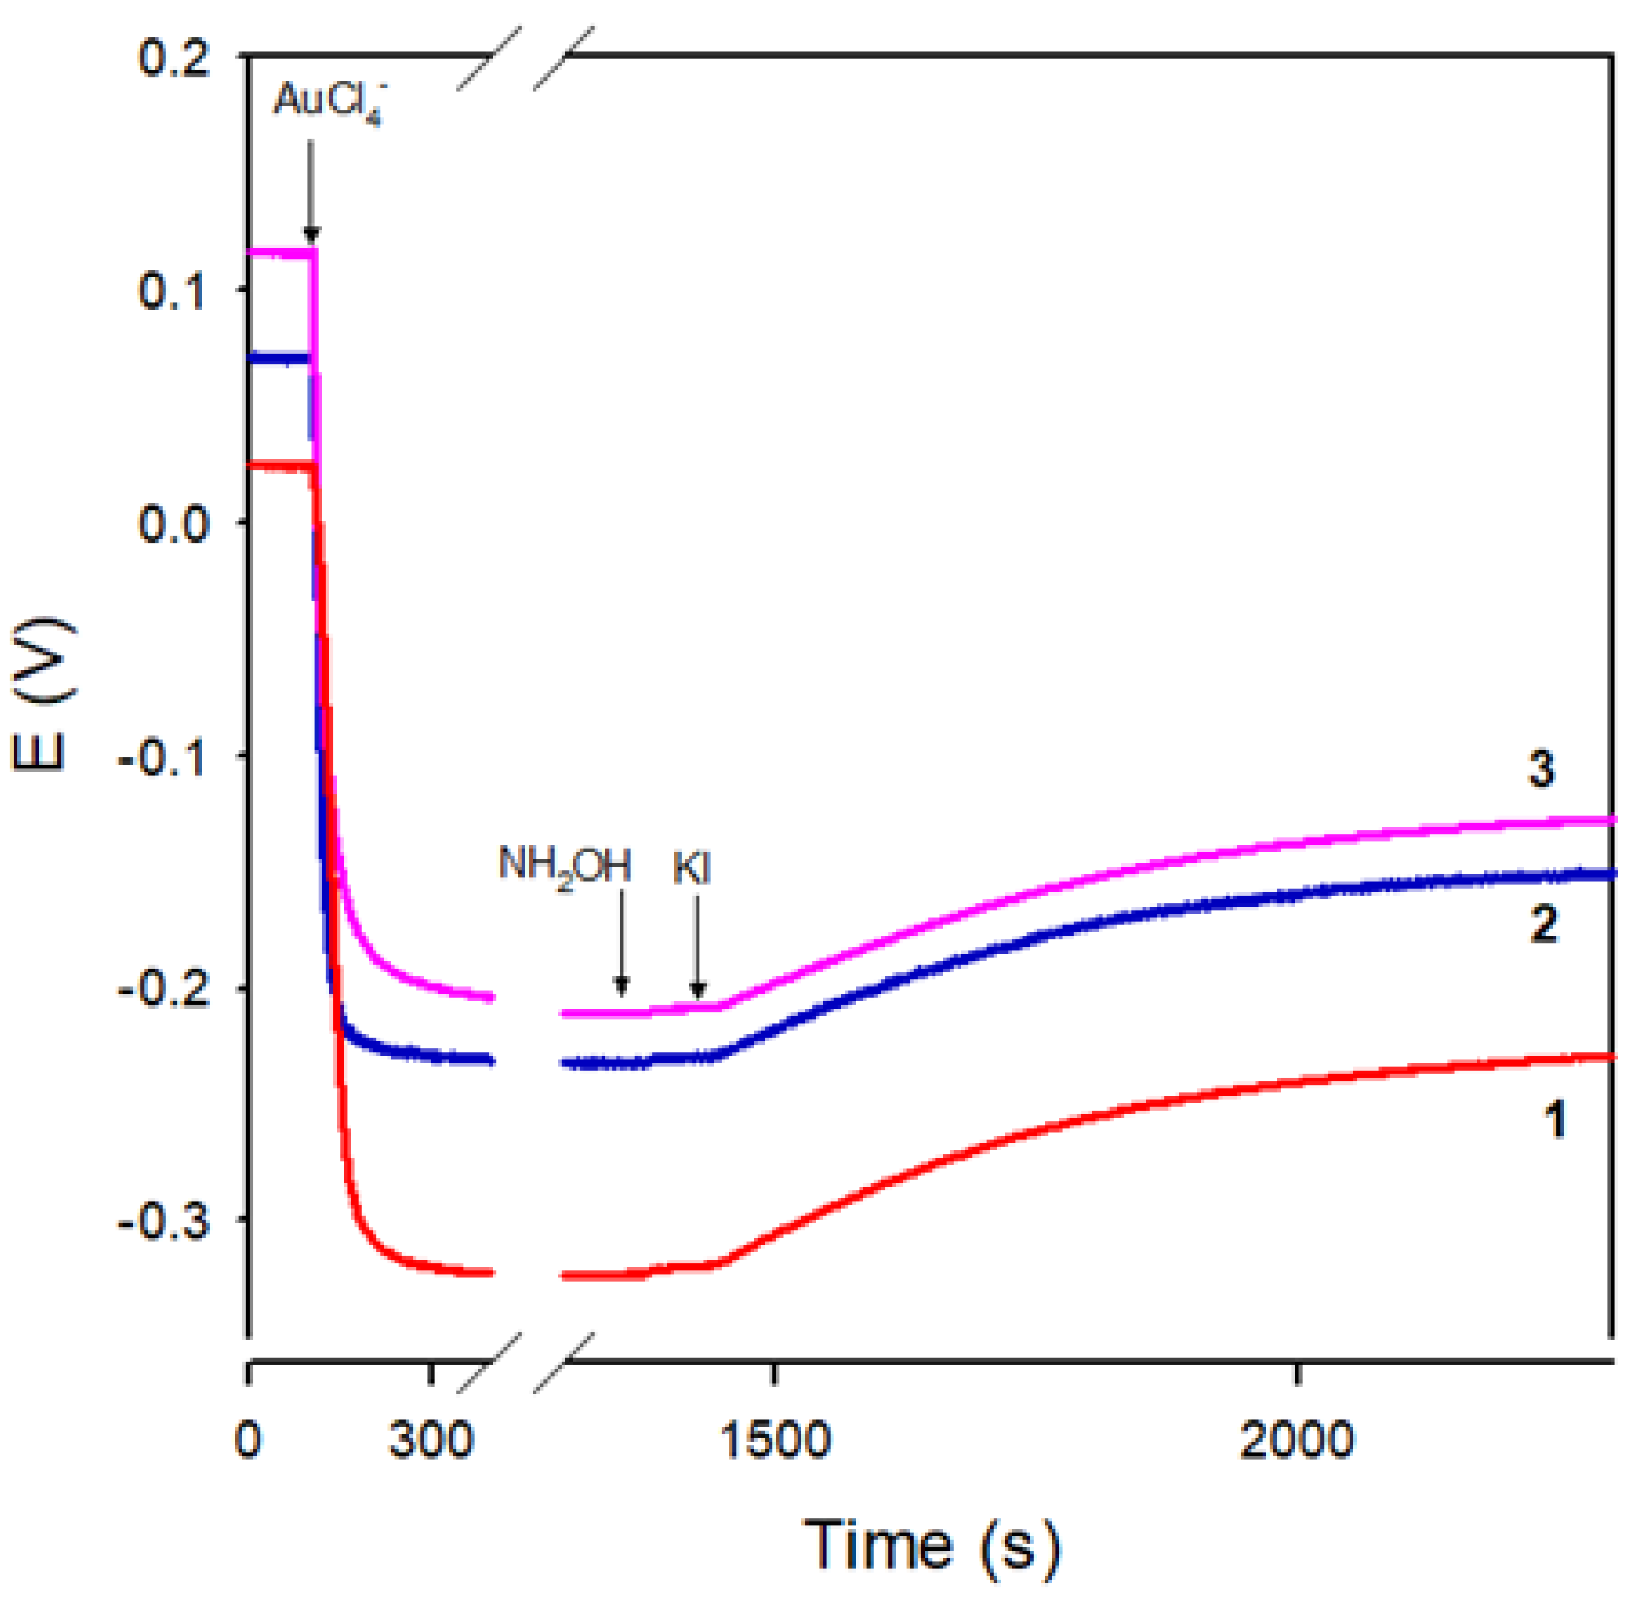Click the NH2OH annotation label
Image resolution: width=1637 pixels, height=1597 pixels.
[x=565, y=867]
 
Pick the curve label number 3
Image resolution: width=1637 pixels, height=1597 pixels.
[x=1541, y=769]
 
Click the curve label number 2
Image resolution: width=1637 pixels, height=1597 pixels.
[x=1544, y=925]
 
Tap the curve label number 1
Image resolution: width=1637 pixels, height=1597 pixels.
[x=1555, y=1121]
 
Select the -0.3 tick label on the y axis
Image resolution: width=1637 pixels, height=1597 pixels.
[x=165, y=1224]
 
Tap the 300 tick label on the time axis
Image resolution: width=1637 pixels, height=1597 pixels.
[x=430, y=1440]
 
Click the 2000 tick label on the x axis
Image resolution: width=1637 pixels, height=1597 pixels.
[x=1296, y=1440]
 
